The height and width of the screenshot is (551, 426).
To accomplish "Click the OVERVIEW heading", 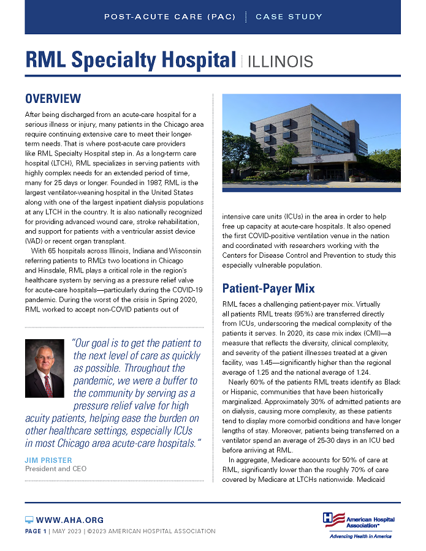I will [53, 99].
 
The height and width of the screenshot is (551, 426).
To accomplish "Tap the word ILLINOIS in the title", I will [281, 61].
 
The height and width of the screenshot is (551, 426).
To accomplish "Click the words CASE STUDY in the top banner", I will [289, 17].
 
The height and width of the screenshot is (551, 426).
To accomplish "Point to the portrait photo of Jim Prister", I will [44, 368].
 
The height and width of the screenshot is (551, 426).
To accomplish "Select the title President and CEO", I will [55, 469].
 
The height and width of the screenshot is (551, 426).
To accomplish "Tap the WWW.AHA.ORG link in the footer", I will [69, 520].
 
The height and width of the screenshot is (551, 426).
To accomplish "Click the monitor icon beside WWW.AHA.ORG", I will [29, 520].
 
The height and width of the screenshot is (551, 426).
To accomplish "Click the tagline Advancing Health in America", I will [360, 536].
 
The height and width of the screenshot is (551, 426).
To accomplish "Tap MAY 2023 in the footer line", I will [77, 531].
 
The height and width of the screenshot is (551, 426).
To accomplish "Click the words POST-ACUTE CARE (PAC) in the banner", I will [170, 17].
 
